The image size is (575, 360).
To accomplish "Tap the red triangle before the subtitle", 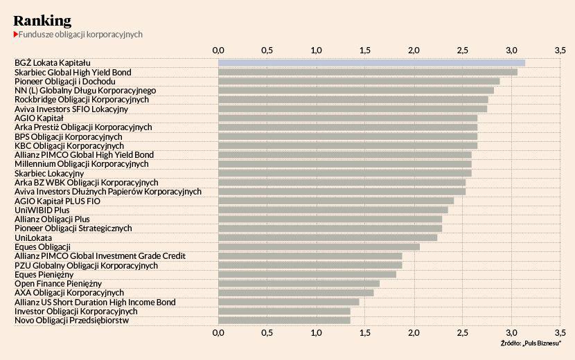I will [15, 34].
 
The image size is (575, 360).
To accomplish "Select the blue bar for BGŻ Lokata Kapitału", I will [371, 63].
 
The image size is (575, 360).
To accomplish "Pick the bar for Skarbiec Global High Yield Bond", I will [367, 72].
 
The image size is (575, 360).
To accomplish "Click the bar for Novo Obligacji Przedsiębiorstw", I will [284, 320].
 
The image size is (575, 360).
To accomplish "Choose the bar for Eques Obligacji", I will [319, 246].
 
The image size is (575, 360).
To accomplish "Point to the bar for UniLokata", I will [328, 237].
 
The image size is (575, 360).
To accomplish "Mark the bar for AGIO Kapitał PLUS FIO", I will [336, 201].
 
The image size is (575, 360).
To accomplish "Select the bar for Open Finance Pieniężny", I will [299, 283].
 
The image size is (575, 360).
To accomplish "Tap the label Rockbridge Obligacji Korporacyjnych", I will [82, 100].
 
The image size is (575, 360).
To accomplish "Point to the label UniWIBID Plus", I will [42, 210].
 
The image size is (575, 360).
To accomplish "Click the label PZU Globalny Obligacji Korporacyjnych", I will [86, 265].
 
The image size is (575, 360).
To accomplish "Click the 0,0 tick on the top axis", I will [218, 51].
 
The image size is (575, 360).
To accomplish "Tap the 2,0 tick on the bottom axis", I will [414, 333].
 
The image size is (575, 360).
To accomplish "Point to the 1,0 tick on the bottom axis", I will [316, 333].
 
